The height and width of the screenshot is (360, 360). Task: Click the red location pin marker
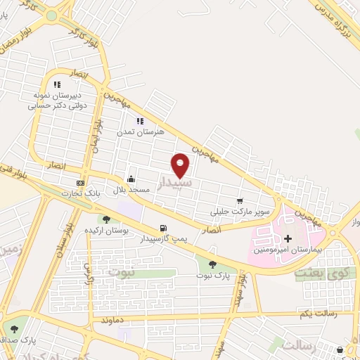181,165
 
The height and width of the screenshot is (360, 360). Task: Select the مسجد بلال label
129,191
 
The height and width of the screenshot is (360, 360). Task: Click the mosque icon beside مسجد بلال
130,179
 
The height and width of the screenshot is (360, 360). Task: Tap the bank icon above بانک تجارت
80,182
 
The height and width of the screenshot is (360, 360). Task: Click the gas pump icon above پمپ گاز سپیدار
164,227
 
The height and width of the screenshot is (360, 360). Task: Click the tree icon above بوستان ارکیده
106,220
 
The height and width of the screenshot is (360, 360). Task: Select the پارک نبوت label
212,276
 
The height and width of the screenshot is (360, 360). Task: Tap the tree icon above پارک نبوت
212,264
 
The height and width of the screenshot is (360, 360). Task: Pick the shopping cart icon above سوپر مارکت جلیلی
240,201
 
